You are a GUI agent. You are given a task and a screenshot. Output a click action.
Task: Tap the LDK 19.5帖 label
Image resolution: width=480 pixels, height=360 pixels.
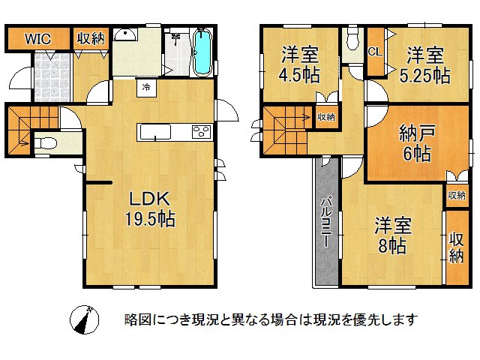[150, 209]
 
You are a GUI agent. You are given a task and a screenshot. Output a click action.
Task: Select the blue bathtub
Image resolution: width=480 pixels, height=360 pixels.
[202, 52]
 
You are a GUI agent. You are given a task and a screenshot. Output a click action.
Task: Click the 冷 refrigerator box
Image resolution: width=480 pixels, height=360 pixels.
[146, 87]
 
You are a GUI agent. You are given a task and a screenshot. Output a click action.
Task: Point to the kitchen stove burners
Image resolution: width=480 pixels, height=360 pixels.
[202, 133]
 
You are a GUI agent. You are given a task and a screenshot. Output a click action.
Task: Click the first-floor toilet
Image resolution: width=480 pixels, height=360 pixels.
[45, 142]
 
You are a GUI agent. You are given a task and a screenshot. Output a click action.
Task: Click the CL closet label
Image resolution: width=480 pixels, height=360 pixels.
[374, 51]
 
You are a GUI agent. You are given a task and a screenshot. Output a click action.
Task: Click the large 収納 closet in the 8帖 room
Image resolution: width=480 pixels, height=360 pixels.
[456, 247]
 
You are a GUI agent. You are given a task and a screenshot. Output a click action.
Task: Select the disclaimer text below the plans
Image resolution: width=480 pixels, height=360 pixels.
[270, 320]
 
